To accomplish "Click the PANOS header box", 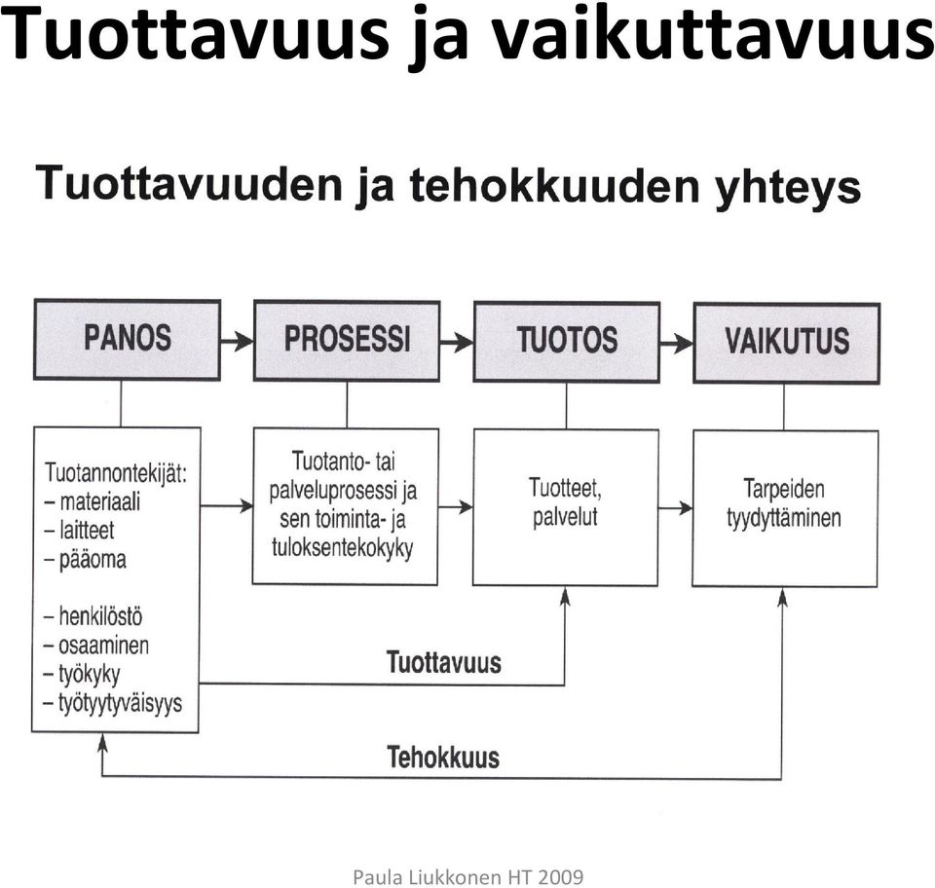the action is coord(127,340).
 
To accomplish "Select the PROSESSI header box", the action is coord(347,341).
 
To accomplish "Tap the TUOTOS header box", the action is coord(567,342).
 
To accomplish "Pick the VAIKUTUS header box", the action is coord(787,344).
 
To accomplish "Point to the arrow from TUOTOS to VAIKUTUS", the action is coord(677,344).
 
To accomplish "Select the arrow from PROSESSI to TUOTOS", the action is coord(457,342).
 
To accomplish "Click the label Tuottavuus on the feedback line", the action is coord(444,662).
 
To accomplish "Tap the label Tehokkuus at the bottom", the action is coord(443,758).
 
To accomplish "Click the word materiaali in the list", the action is coord(99,501).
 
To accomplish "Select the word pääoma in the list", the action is coord(93,560).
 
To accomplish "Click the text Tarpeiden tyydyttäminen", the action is coord(784,503).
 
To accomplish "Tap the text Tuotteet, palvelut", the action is coord(565,502).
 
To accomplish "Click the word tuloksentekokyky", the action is coord(342,548).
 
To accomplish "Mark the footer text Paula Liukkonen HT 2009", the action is coord(468,876).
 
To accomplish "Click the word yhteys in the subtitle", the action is coord(788,188).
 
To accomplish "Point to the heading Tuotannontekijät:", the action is coord(116,473).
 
